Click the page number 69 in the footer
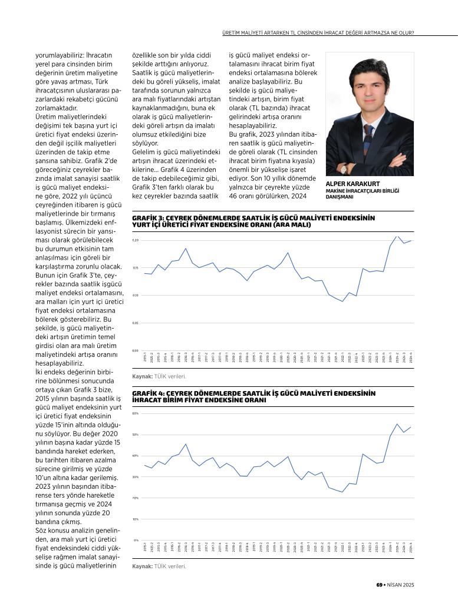[380, 584]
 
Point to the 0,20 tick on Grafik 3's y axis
[135, 240]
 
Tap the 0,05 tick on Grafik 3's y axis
[135, 323]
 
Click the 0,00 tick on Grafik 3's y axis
[135, 350]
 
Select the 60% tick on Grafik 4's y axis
[135, 413]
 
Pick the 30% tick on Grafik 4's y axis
[135, 477]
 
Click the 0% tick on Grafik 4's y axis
[136, 540]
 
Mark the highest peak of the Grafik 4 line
[397, 424]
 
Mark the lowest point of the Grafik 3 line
[343, 301]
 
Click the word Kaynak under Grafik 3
[142, 375]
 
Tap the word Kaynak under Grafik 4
[142, 566]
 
